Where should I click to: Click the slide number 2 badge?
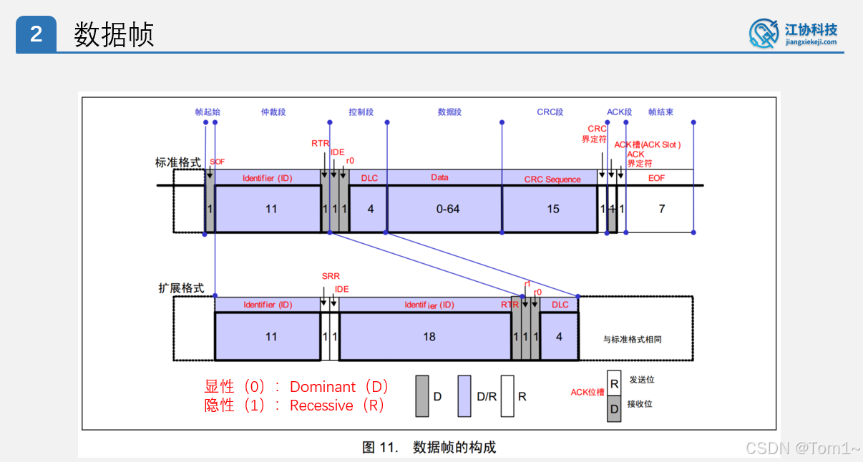pos(36,34)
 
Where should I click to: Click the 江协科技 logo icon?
pos(764,34)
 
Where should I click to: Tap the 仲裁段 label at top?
pos(273,112)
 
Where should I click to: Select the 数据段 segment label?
pos(449,112)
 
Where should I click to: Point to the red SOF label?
pos(217,162)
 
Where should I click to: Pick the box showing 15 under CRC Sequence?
pos(552,209)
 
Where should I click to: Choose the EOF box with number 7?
pos(661,209)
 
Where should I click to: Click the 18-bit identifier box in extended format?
pos(429,336)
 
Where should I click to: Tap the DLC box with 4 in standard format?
pos(370,209)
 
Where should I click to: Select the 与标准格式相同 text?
pos(633,340)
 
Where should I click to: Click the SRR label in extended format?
pos(331,276)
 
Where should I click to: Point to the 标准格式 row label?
pos(178,162)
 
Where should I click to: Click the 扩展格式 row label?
pos(181,288)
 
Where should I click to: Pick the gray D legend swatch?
pos(422,395)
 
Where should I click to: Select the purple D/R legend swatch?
pos(464,395)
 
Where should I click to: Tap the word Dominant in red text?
pos(322,387)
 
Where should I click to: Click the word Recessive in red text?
pos(321,406)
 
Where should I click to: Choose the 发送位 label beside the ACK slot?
pos(641,380)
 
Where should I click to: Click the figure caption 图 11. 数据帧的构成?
pos(429,448)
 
